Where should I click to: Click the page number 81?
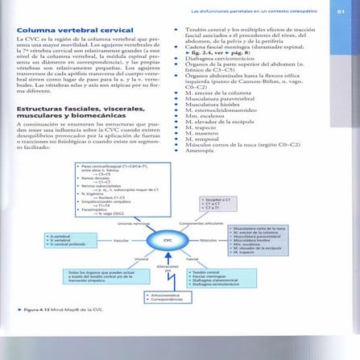tap(340, 10)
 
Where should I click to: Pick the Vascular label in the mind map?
tap(122, 240)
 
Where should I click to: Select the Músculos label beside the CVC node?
tap(209, 240)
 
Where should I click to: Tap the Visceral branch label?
tap(140, 259)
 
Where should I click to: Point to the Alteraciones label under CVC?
tap(168, 266)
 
